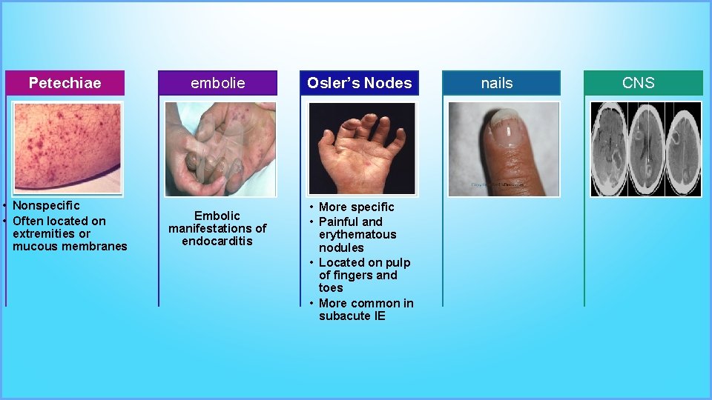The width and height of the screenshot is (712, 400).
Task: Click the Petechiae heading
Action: pos(65,83)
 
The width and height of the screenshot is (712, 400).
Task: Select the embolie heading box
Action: pos(217,83)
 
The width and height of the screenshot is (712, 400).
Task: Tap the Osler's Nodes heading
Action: pos(360,83)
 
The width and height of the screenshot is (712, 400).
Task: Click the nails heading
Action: pos(497,83)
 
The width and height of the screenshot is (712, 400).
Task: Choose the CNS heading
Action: pos(639,83)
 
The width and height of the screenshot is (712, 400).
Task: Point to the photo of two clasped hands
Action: pos(220,149)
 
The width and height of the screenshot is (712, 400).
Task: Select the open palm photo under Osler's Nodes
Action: pos(362,148)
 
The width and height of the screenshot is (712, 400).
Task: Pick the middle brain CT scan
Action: pos(647,149)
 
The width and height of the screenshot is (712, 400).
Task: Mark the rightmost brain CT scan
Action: pos(682,149)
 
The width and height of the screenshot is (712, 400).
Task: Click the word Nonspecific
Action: pos(46,205)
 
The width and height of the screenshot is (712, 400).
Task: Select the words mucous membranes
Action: pos(70,246)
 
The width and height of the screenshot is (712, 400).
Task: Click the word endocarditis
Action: pos(217,241)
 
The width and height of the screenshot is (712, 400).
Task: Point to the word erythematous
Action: pos(357,234)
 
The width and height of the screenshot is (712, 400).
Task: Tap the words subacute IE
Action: pos(352,316)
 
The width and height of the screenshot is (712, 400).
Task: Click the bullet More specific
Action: pos(356,207)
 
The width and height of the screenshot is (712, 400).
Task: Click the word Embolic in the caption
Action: pos(217,216)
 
